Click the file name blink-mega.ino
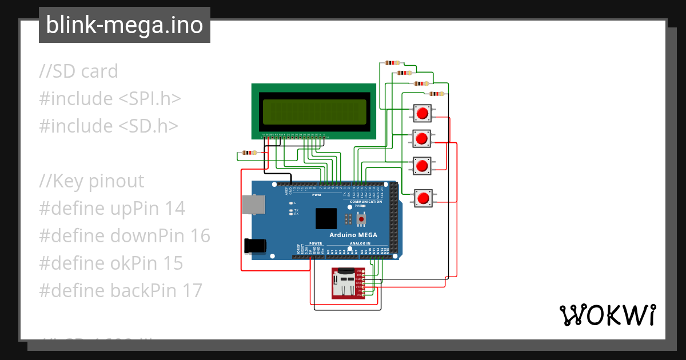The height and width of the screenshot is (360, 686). tap(124, 26)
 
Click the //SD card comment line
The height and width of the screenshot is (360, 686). tap(78, 71)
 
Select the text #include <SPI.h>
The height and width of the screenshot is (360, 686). tap(110, 99)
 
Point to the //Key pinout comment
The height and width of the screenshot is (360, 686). tap(91, 181)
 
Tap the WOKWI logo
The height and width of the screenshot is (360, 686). tap(607, 315)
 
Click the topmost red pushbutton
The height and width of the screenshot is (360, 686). tap(422, 113)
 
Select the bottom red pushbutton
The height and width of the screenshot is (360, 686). tap(423, 198)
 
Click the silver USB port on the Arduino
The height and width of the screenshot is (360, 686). tap(252, 205)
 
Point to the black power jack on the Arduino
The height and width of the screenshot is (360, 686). tap(254, 245)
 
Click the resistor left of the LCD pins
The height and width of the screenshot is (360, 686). tap(249, 153)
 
